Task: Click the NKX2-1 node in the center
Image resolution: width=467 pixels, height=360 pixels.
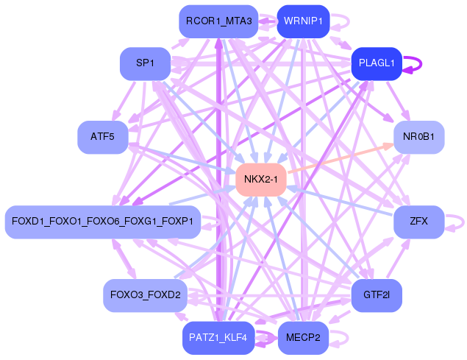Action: point(260,180)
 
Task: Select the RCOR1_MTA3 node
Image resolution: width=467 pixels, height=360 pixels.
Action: point(218,21)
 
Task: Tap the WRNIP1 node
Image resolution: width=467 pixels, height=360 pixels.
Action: point(302,21)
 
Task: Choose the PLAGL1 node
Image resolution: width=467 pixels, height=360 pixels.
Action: point(377,63)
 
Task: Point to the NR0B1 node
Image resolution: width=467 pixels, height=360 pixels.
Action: point(418,137)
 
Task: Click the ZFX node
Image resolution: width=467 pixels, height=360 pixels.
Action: point(418,221)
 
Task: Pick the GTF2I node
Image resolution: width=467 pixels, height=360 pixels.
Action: point(377,295)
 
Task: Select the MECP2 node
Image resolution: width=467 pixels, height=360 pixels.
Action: point(302,338)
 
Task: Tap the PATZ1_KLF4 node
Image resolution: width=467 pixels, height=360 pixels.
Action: point(218,338)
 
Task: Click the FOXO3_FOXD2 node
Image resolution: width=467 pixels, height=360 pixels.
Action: point(145,295)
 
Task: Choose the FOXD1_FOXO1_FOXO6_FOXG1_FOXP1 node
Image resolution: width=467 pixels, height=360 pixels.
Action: point(102,221)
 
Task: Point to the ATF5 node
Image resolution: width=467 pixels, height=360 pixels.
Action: point(103,137)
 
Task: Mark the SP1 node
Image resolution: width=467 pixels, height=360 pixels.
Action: point(145,63)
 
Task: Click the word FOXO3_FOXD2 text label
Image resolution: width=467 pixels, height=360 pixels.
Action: point(145,295)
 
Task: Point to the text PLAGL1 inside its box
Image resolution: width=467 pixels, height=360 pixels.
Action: point(377,63)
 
